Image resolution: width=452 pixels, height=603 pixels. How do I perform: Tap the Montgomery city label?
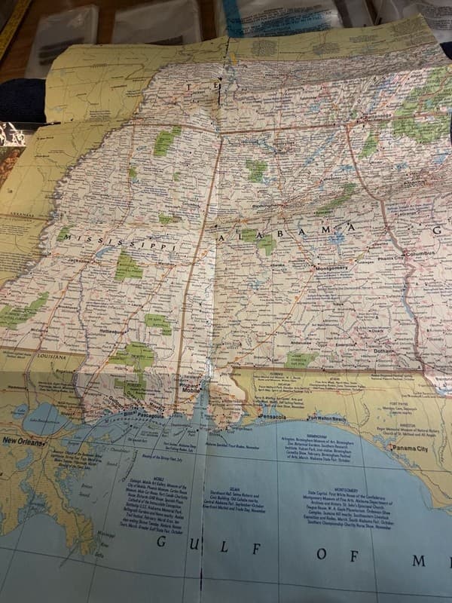tap(331, 268)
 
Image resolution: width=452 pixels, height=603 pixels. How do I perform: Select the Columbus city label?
tap(420, 255)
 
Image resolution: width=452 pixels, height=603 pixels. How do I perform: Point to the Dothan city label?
tap(383, 351)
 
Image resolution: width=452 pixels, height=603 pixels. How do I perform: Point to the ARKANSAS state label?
tap(18, 216)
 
